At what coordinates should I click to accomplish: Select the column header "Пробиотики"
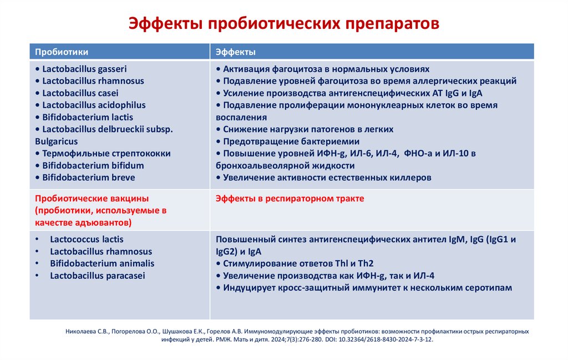tap(62, 52)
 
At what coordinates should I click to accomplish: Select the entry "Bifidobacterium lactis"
tap(88, 118)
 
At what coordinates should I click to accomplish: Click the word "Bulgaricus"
tap(56, 141)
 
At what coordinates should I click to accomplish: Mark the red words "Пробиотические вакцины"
tap(92, 199)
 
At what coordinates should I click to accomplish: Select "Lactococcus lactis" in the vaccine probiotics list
tap(87, 240)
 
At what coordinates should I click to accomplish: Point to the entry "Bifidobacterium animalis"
tap(102, 263)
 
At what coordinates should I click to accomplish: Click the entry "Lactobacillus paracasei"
tap(97, 276)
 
